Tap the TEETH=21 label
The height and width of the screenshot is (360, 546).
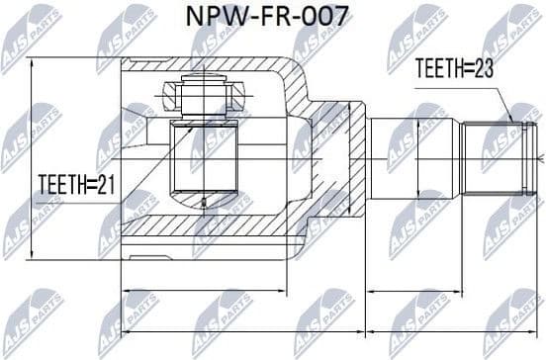point(77,184)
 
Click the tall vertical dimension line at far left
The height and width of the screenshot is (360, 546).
point(31,158)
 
